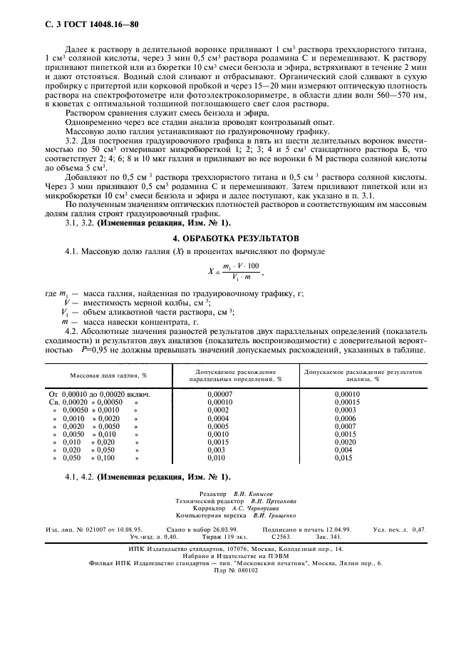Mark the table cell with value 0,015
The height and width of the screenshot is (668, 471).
pyautogui.click(x=343, y=458)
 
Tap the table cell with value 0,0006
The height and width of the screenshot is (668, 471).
pyautogui.click(x=346, y=418)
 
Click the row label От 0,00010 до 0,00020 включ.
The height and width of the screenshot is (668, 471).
pyautogui.click(x=99, y=394)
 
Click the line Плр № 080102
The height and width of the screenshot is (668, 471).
pyautogui.click(x=234, y=570)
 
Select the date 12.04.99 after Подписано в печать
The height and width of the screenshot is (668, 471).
pyautogui.click(x=338, y=529)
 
